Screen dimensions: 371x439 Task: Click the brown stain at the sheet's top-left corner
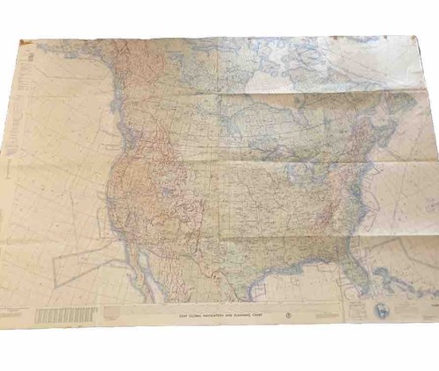[x=24, y=44]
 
